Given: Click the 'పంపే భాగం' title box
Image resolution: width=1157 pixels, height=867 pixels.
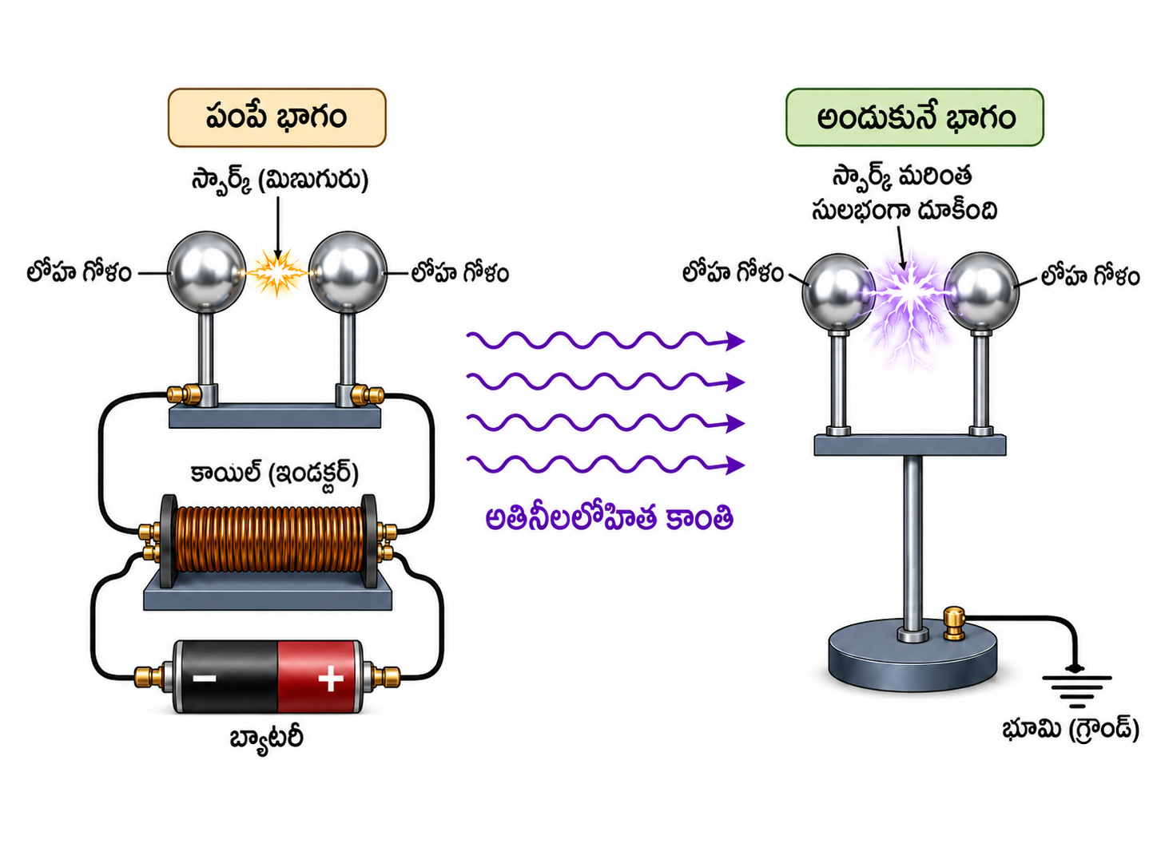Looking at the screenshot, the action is pyautogui.click(x=276, y=117).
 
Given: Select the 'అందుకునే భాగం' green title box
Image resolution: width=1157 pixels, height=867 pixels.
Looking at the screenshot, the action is pyautogui.click(x=915, y=117).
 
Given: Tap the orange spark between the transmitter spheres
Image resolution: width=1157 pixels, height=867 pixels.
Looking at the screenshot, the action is pyautogui.click(x=277, y=273).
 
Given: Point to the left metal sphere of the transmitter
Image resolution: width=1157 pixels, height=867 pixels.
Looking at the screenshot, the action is pyautogui.click(x=207, y=272).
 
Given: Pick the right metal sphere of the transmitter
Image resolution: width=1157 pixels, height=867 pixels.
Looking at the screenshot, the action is pyautogui.click(x=348, y=272).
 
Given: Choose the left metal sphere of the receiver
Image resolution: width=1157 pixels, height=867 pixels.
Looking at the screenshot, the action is pyautogui.click(x=838, y=292).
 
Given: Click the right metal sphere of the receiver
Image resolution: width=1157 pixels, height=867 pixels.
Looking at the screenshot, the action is pyautogui.click(x=981, y=291).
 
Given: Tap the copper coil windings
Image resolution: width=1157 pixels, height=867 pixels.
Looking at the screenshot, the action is pyautogui.click(x=268, y=540).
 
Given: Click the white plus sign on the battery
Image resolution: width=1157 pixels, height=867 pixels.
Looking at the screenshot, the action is pyautogui.click(x=331, y=678).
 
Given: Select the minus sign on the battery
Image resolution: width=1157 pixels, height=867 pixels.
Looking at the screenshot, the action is pyautogui.click(x=204, y=678).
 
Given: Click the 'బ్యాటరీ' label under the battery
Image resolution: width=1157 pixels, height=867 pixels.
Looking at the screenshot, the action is pyautogui.click(x=267, y=738).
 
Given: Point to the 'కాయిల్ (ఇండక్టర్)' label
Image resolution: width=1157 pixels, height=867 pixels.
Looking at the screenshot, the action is pyautogui.click(x=274, y=473).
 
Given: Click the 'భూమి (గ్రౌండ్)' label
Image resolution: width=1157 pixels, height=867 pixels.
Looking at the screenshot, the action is pyautogui.click(x=1070, y=730).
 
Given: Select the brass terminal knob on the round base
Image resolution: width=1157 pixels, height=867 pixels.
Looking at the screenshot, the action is pyautogui.click(x=953, y=624).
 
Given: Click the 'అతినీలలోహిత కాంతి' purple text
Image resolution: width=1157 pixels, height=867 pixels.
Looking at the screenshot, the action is pyautogui.click(x=610, y=518).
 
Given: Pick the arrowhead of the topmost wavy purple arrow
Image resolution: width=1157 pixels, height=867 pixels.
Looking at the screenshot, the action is pyautogui.click(x=735, y=341).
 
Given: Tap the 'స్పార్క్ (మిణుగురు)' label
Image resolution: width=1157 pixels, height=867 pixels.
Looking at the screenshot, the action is pyautogui.click(x=280, y=180).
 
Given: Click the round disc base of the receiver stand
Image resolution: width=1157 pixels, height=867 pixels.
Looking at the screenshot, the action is pyautogui.click(x=912, y=658).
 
